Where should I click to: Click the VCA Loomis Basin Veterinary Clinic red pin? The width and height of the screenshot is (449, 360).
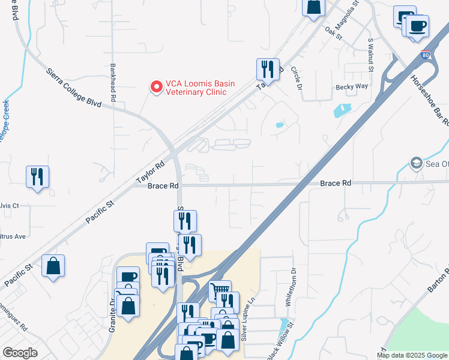tap(156, 88)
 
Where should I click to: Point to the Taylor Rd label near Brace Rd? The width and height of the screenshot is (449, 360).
tap(150, 173)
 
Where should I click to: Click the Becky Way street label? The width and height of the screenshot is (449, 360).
tap(351, 86)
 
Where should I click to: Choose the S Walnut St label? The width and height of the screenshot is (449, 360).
tap(370, 56)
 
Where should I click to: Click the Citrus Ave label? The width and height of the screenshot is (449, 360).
tap(13, 236)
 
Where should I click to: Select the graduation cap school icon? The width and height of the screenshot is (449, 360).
tap(415, 163)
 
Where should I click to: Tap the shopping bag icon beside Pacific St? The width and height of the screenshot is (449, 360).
tap(53, 265)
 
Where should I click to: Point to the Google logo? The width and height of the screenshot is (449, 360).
tap(20, 353)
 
